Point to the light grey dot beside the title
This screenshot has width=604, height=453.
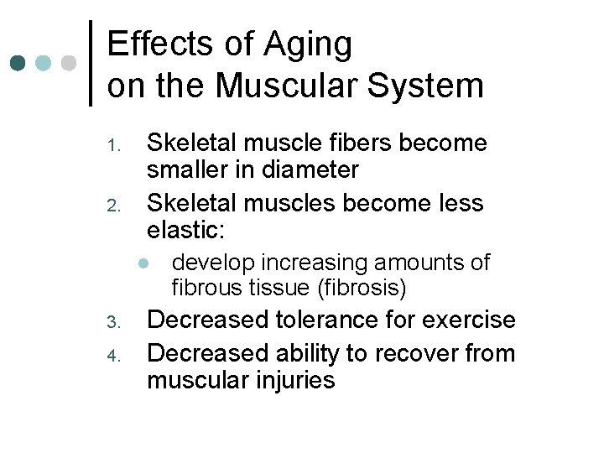(70, 63)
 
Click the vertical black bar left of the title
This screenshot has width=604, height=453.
(91, 63)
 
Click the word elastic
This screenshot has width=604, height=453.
(185, 230)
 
